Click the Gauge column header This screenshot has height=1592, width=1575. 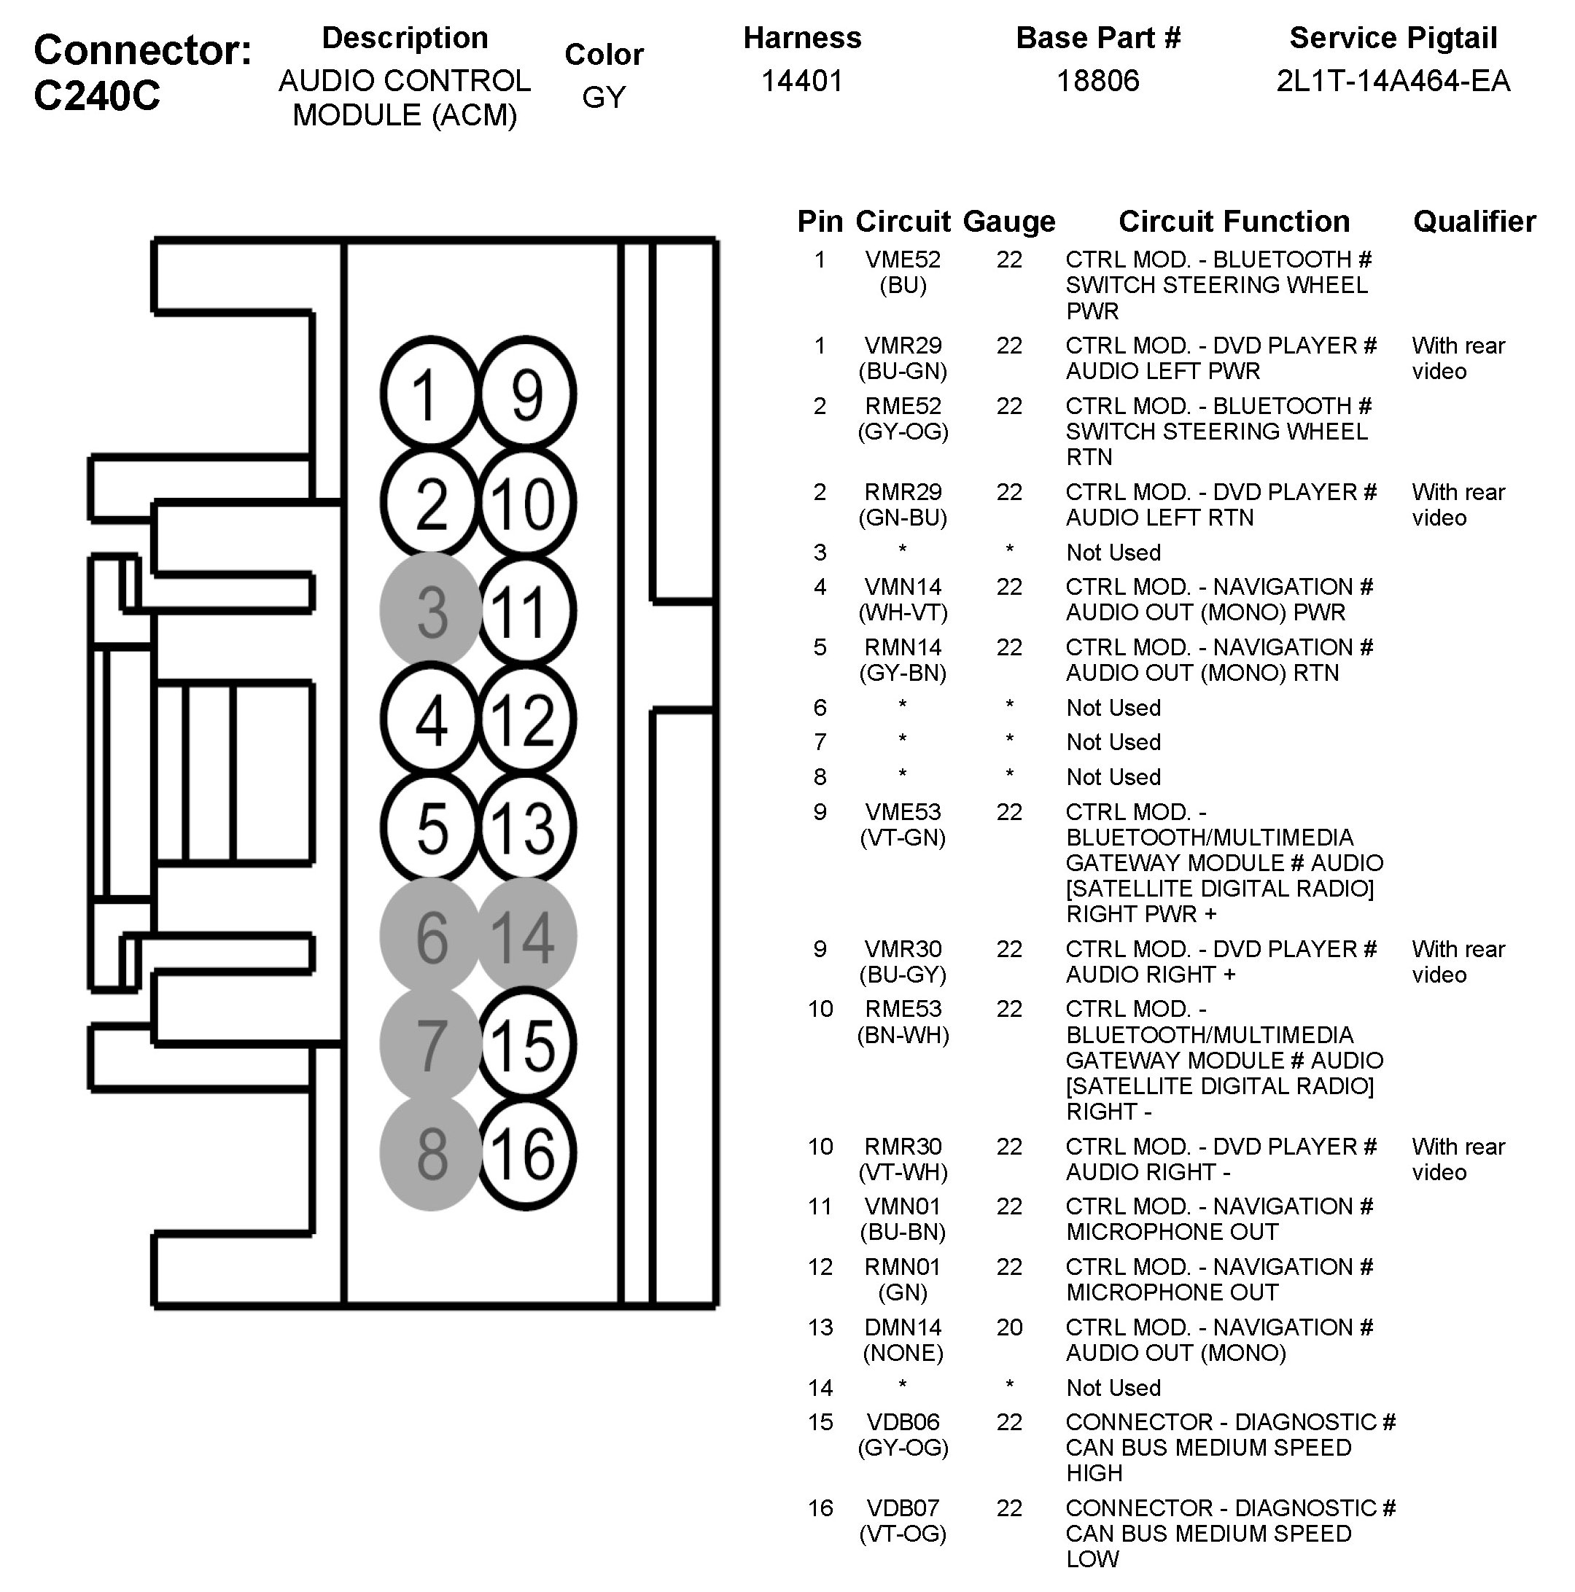coord(1008,222)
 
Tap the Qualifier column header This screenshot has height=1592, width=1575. coord(1474,222)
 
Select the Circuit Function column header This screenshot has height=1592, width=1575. coord(1234,222)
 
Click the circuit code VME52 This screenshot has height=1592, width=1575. coord(903,260)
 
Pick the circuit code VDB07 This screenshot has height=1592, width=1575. coord(903,1508)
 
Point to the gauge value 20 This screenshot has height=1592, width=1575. coord(1008,1327)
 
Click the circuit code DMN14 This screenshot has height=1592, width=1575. coord(903,1327)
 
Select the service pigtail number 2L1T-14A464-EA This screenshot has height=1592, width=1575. coord(1393,81)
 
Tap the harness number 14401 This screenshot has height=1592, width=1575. coord(802,81)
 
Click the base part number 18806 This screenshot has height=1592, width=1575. coord(1098,81)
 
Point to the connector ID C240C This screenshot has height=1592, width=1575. coord(97,96)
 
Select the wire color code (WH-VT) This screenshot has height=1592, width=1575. coord(903,612)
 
